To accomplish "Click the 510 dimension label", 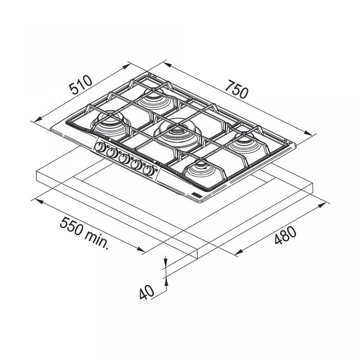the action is point(81,85).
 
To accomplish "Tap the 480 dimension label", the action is point(286,235).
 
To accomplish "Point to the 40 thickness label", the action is point(147,292).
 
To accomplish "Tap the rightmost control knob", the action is point(148,170).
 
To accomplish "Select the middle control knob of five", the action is point(124,158).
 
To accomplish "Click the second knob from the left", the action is point(112,153).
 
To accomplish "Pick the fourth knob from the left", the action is point(136,164).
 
